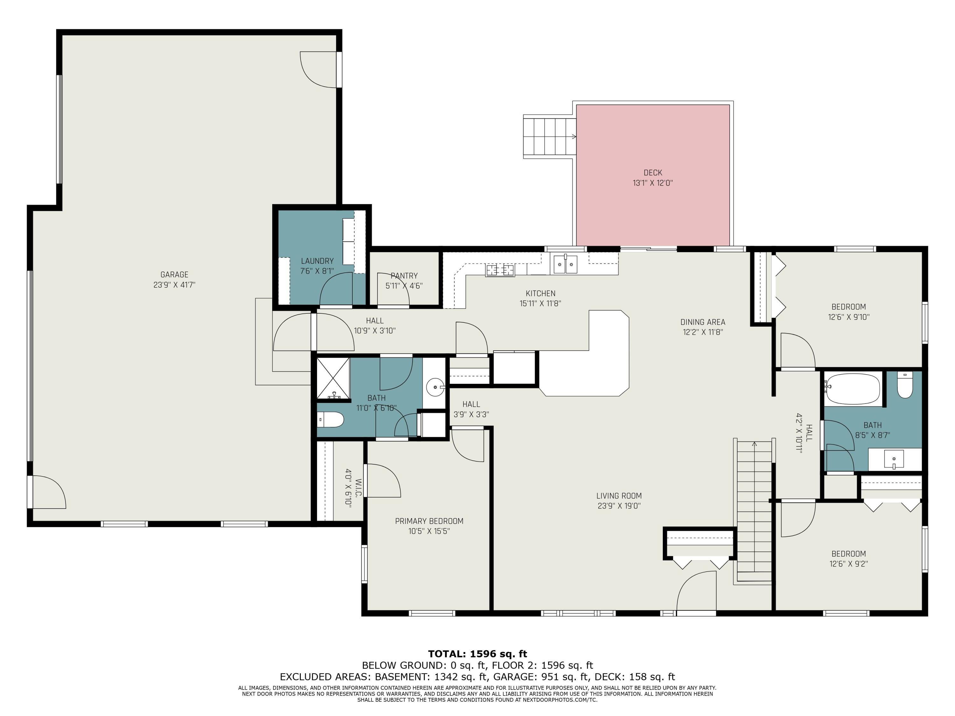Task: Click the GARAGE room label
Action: (x=174, y=275)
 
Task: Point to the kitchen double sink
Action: (x=565, y=264)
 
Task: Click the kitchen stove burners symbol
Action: (x=500, y=270)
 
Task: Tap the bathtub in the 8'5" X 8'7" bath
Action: (x=852, y=389)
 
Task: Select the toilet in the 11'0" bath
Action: (x=331, y=419)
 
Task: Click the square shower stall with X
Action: (x=333, y=378)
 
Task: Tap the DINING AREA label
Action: (x=703, y=322)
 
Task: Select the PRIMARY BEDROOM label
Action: (x=429, y=521)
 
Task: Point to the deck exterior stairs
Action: (x=549, y=137)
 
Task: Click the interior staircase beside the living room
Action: (x=754, y=509)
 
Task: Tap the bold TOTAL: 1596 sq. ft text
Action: (x=477, y=654)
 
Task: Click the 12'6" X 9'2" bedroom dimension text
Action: (x=848, y=564)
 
